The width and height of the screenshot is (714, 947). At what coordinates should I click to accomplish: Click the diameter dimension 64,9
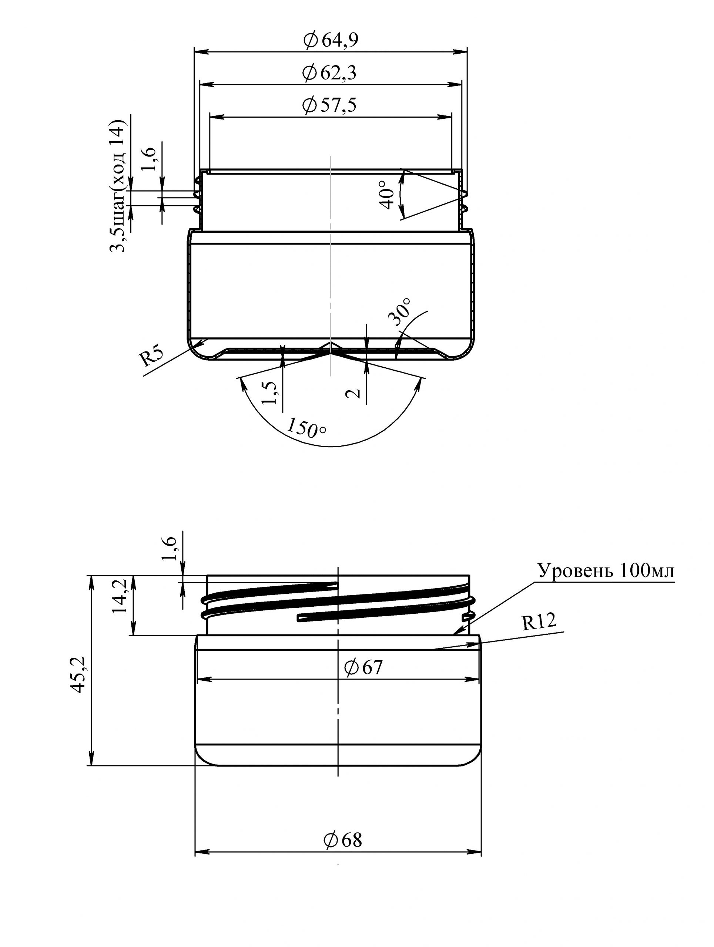330,41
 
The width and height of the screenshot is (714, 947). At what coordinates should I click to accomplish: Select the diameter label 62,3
329,73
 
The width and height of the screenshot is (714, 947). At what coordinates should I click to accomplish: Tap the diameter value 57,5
329,105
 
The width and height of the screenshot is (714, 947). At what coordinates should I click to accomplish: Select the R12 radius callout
539,621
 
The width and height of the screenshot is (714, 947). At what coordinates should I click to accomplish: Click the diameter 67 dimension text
363,667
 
